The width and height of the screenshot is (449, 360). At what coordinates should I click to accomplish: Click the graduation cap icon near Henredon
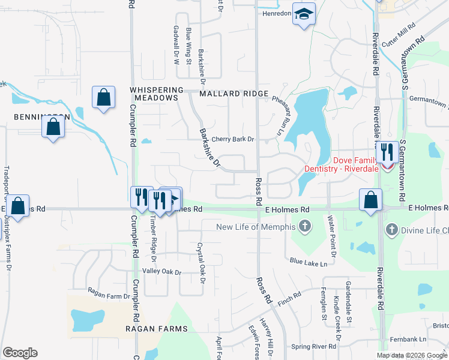tap(304, 14)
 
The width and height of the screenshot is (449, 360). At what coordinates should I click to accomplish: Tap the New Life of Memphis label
tap(256, 227)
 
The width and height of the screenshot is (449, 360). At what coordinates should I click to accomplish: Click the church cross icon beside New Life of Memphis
tap(305, 227)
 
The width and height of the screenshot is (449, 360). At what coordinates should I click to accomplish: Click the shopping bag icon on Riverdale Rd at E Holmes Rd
tap(371, 199)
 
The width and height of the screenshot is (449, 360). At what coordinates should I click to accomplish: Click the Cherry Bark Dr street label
tap(233, 139)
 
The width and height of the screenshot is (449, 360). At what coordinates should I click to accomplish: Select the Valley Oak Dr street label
tap(161, 272)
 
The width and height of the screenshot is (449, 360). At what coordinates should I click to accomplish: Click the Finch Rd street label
tap(289, 296)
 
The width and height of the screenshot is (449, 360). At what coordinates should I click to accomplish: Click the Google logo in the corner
tap(20, 352)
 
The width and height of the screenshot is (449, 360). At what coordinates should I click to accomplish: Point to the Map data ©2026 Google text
tap(411, 355)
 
